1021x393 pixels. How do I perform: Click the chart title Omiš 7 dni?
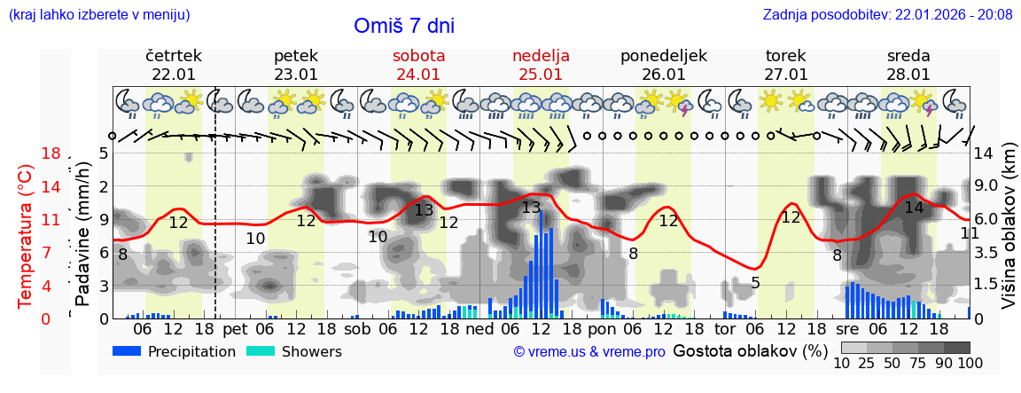[404, 26]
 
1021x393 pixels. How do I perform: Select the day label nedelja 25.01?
[541, 65]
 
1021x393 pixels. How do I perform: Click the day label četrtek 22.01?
[174, 65]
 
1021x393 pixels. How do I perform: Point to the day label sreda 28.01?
[908, 65]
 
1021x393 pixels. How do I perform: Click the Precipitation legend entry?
[174, 351]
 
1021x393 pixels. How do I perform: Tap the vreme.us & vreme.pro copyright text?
[589, 351]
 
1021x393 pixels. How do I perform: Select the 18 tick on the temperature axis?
[51, 153]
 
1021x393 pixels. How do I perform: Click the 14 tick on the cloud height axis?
[985, 153]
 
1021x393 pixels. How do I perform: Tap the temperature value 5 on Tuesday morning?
[755, 283]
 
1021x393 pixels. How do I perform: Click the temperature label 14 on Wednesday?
[914, 208]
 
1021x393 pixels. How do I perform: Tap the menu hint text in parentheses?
[99, 14]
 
